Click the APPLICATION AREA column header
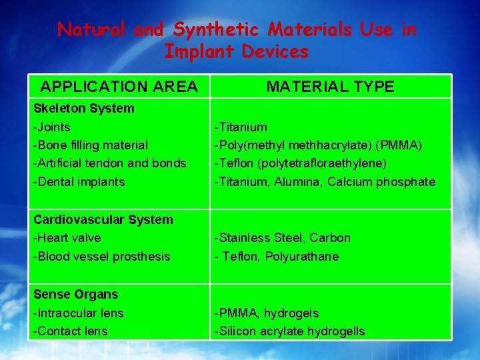(x=119, y=87)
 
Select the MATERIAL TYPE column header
(x=331, y=87)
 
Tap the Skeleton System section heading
(x=83, y=108)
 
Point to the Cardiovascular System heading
(x=103, y=219)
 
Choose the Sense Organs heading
(x=75, y=294)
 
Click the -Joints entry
(x=52, y=127)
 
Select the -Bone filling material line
(x=91, y=145)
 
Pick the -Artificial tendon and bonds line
(x=110, y=163)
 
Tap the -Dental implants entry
(x=79, y=181)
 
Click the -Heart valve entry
(x=67, y=237)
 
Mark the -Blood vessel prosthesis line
(x=101, y=256)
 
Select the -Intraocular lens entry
(x=78, y=313)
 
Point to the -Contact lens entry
(x=70, y=331)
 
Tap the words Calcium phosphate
(x=381, y=181)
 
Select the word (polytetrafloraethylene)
(x=331, y=163)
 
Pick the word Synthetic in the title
(x=216, y=29)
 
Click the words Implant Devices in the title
(x=237, y=51)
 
